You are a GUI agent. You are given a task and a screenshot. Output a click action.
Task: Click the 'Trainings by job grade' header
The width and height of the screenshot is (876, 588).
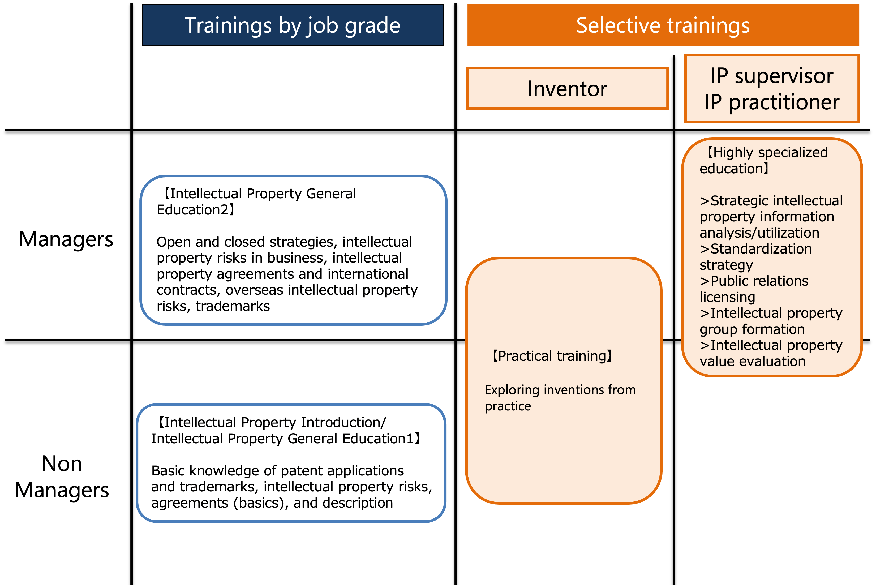(293, 25)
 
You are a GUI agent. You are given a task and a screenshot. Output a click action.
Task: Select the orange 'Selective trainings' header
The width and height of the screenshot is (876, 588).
(663, 25)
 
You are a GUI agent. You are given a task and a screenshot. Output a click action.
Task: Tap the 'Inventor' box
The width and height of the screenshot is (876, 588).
(567, 88)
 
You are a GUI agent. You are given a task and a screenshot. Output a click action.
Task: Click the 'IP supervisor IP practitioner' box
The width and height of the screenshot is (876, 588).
(772, 88)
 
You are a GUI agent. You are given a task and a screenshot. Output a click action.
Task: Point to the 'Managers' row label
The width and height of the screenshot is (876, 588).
(66, 239)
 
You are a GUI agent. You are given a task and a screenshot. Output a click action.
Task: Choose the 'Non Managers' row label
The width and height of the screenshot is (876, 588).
(62, 477)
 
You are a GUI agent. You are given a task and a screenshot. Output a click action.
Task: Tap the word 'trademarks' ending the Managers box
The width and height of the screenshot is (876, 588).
(233, 306)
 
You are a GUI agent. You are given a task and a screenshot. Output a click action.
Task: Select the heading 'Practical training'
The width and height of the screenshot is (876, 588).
(552, 356)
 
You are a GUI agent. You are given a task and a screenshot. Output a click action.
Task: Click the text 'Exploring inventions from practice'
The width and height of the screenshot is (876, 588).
(560, 398)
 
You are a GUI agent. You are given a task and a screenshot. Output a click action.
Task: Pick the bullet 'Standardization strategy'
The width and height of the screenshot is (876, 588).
(756, 257)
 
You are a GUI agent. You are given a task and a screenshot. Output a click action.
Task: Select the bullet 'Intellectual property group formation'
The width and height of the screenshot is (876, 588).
(771, 321)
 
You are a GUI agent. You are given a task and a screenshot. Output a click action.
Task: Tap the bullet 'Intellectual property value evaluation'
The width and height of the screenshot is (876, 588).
(771, 353)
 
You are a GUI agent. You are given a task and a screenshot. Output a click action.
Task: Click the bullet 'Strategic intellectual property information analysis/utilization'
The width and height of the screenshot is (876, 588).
(771, 217)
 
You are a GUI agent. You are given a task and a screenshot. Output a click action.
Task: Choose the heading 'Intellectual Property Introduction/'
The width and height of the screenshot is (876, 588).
(271, 422)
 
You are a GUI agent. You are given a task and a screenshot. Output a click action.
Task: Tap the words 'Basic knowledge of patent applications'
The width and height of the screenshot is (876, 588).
(277, 471)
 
